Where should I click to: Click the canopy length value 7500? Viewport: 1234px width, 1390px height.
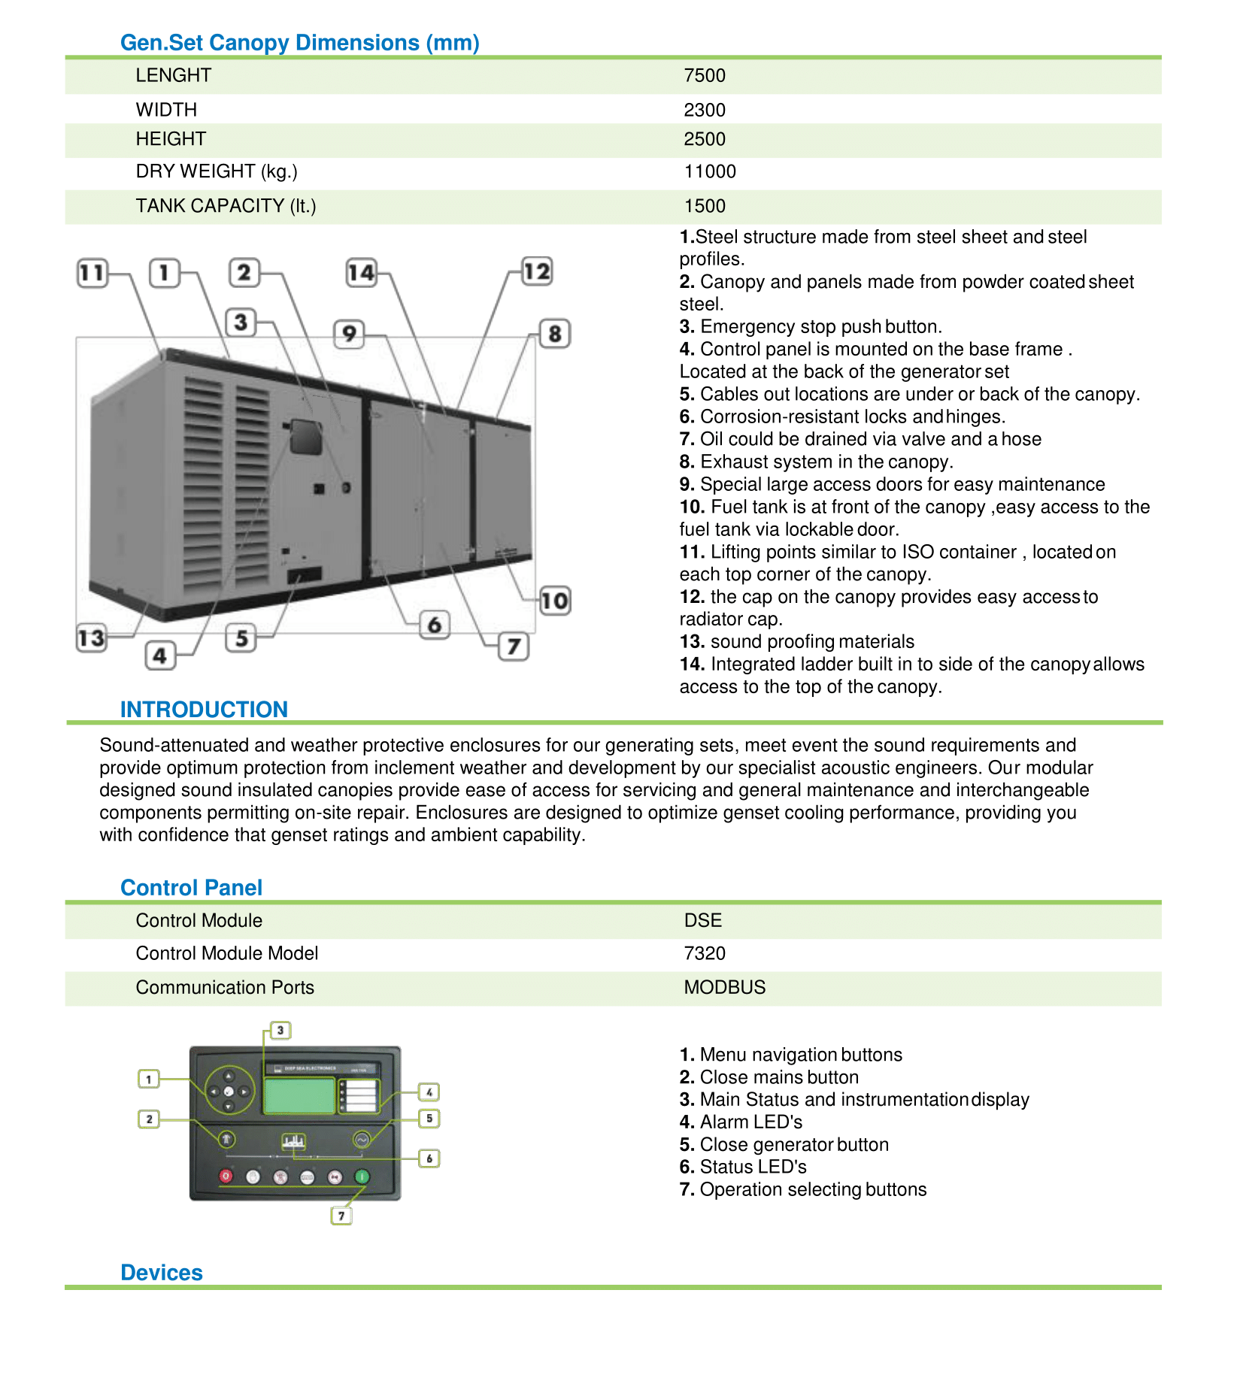[704, 76]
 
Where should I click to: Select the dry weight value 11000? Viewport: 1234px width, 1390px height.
[709, 172]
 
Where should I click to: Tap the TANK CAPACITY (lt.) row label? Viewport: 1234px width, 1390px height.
[226, 206]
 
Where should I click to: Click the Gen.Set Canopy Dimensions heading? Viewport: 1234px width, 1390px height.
[299, 43]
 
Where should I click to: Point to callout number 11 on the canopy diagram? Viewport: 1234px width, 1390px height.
[92, 272]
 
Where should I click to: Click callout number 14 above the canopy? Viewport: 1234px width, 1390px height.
[361, 272]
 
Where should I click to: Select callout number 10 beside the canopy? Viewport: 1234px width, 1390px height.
[555, 601]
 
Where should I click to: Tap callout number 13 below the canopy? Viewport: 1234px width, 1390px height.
[92, 638]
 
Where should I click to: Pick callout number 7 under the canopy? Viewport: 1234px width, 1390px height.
[514, 647]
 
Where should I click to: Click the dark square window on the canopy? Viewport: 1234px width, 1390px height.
[306, 437]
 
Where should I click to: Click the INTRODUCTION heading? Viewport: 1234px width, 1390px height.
[204, 709]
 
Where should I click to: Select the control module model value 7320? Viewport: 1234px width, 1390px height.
[704, 954]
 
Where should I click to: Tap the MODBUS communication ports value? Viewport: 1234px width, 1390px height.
[724, 988]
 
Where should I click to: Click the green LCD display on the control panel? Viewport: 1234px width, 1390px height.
[299, 1095]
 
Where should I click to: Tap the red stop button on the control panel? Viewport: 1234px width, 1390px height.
[226, 1176]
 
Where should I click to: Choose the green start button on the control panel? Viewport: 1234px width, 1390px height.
[362, 1176]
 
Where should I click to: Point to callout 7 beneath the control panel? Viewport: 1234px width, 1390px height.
[341, 1216]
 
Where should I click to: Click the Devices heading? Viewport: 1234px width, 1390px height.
[162, 1273]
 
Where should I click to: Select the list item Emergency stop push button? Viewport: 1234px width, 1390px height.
[811, 327]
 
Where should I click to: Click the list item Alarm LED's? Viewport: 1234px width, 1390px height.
[741, 1122]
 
